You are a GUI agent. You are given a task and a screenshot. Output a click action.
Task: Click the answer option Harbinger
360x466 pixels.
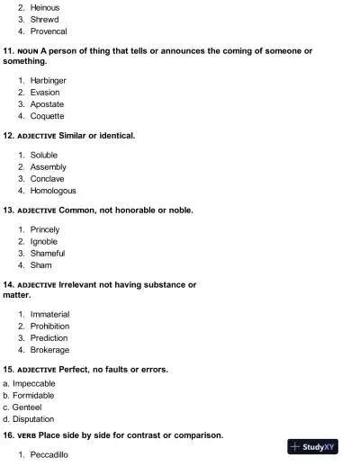[x=48, y=80]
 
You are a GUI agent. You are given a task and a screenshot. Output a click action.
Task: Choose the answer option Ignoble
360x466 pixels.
[x=43, y=242]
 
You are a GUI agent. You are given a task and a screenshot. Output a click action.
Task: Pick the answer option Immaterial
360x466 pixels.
[x=49, y=314]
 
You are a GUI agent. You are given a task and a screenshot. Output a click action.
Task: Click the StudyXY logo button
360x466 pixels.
[x=314, y=447]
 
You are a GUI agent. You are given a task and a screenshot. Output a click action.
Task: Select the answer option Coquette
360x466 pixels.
[x=47, y=116]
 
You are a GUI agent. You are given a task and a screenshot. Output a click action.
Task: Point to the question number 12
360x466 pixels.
[x=9, y=136]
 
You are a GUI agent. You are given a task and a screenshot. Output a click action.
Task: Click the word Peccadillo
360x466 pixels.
[x=49, y=455]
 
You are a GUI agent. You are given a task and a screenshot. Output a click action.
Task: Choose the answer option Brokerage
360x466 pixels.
[x=49, y=350]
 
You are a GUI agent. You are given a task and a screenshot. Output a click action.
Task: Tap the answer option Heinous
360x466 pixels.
[x=45, y=6]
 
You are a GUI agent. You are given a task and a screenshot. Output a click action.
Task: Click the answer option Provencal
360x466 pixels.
[x=49, y=31]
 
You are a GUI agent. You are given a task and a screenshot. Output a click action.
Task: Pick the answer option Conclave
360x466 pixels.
[x=48, y=178]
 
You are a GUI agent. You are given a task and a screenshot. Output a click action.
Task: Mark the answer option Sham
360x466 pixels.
[x=40, y=265]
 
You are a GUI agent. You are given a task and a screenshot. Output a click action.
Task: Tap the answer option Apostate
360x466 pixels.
[x=47, y=104]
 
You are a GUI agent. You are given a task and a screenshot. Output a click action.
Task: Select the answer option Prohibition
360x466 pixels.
[x=49, y=326]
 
